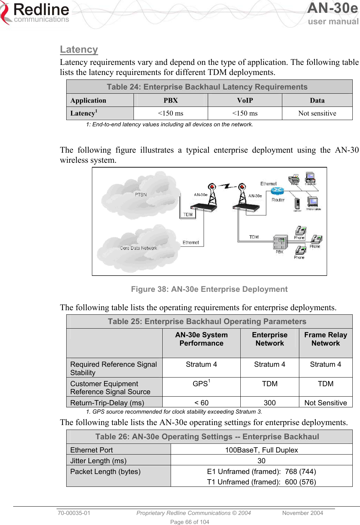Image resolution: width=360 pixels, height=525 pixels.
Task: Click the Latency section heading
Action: [79, 50]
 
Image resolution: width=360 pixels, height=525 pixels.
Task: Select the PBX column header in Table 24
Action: [171, 100]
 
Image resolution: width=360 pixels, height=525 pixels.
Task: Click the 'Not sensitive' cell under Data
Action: [317, 113]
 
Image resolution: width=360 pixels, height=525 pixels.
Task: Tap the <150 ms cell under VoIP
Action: [245, 113]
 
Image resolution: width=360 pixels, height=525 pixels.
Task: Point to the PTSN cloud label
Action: [141, 195]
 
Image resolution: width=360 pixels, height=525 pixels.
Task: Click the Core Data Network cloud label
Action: [138, 248]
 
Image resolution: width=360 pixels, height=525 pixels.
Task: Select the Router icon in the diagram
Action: [277, 191]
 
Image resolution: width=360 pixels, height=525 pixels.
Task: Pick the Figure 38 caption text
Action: [209, 289]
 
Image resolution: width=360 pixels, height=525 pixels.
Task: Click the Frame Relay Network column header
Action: [325, 339]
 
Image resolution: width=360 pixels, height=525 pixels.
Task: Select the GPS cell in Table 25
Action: [201, 383]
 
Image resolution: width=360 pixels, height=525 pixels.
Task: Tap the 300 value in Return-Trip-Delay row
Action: [269, 403]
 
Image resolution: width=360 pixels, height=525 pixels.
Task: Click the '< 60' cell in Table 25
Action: [201, 403]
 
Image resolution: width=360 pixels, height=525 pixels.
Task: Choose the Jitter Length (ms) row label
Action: [98, 460]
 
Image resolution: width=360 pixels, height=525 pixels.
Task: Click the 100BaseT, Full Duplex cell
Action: [261, 450]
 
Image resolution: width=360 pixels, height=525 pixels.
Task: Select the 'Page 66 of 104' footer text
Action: [189, 522]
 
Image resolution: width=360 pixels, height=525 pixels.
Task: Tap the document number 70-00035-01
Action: [74, 513]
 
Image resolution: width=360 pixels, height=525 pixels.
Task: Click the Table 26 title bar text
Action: [207, 437]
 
